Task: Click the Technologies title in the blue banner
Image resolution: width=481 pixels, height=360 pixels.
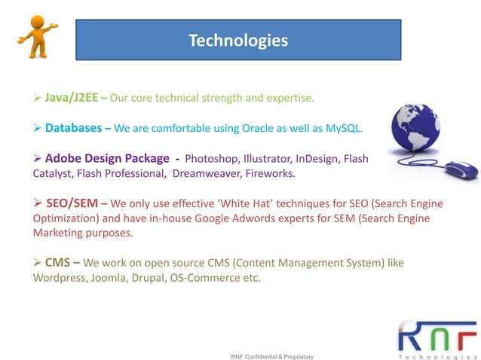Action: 237,40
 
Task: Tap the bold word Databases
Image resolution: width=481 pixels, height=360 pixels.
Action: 73,128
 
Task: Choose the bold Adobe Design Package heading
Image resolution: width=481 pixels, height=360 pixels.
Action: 106,159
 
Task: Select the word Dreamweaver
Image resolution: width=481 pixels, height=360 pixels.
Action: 205,174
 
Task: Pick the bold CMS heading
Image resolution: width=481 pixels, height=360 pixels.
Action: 60,263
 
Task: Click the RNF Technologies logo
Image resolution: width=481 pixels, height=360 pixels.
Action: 437,338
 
